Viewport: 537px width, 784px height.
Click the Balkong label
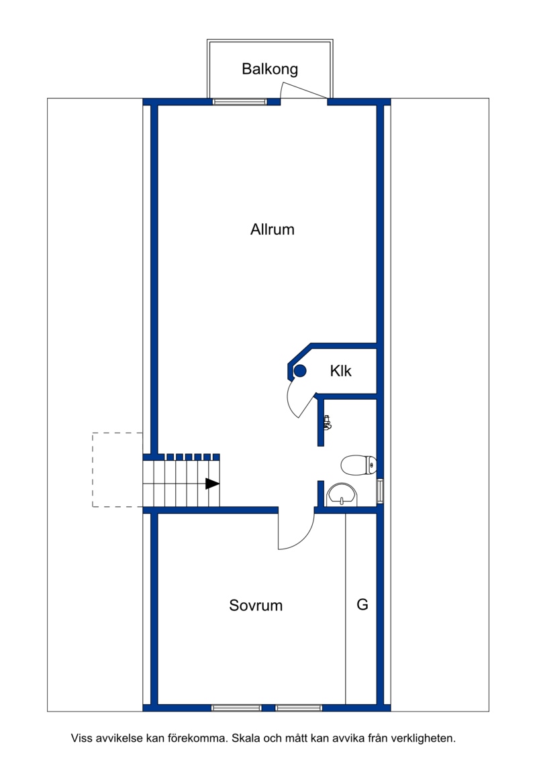(270, 69)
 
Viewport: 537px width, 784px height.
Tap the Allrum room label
(273, 229)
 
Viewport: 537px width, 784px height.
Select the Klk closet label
(340, 371)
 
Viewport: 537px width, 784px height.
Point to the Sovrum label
(256, 606)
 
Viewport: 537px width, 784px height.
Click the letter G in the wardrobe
(362, 604)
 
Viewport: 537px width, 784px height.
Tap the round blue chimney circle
(300, 371)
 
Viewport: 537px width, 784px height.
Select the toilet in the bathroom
(358, 465)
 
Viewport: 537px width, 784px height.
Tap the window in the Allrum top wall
(239, 102)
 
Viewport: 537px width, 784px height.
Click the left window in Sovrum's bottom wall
(236, 708)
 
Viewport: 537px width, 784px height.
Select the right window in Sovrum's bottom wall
(299, 708)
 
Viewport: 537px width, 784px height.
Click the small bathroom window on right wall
(381, 491)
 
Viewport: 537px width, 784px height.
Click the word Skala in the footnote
(245, 738)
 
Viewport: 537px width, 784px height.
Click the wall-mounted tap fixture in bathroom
(328, 423)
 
